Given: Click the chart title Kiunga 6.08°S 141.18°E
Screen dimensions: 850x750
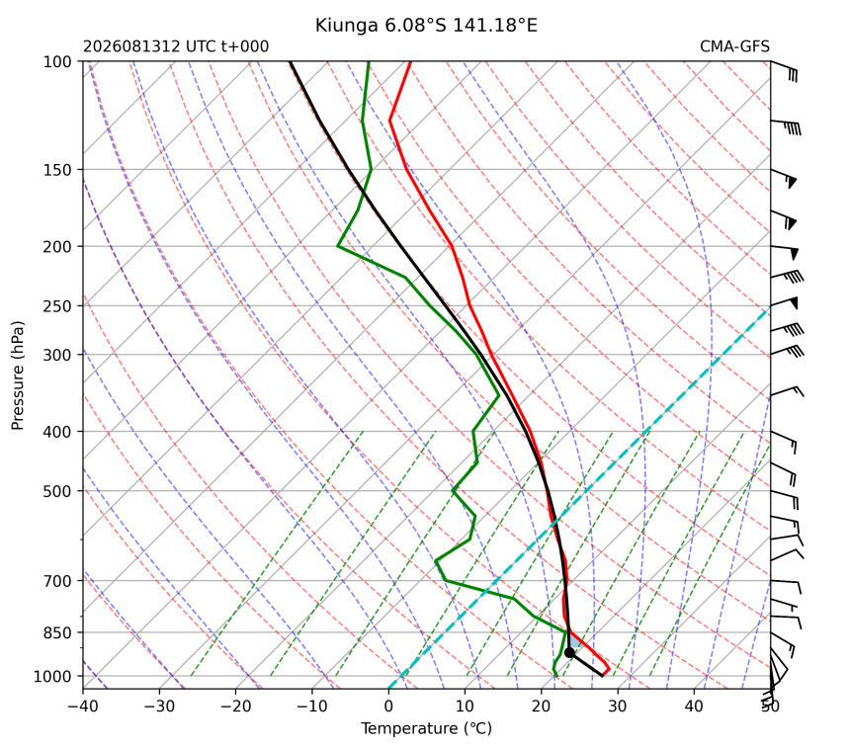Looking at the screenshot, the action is pos(426,26).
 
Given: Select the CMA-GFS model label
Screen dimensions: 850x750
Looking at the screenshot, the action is pos(734,46).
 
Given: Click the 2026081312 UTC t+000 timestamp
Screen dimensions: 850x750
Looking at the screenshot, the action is pos(176,46).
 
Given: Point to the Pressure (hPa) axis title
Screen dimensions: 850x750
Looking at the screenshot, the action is pos(18,375).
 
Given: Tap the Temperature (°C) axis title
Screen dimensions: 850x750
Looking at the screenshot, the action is pos(426,728).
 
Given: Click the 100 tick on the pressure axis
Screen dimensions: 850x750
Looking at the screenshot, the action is pos(57,62).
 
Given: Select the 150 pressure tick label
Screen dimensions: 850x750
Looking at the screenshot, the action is pos(57,170).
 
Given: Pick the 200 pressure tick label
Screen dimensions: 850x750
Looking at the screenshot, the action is pos(57,247).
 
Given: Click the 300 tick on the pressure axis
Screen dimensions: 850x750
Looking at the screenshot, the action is pos(57,355).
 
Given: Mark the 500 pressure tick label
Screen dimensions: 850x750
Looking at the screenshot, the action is pos(57,491).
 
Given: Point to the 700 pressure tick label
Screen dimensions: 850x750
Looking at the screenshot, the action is pos(57,581).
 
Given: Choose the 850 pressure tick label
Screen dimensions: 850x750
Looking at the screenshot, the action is pos(57,632).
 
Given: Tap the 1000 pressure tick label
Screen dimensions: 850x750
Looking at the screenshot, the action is pos(53,676).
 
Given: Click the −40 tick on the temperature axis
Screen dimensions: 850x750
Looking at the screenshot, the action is pos(83,707).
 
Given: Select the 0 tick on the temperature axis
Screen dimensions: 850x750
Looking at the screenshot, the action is pos(388,707).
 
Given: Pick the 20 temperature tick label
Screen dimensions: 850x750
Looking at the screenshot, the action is pos(541,707).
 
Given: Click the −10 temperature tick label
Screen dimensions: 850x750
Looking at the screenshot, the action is pos(312,707).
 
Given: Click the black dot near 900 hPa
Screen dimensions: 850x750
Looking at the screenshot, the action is pos(569,652).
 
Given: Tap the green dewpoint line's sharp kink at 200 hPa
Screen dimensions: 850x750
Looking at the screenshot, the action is pos(338,247).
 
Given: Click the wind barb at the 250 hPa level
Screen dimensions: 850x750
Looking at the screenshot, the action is pos(785,303).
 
